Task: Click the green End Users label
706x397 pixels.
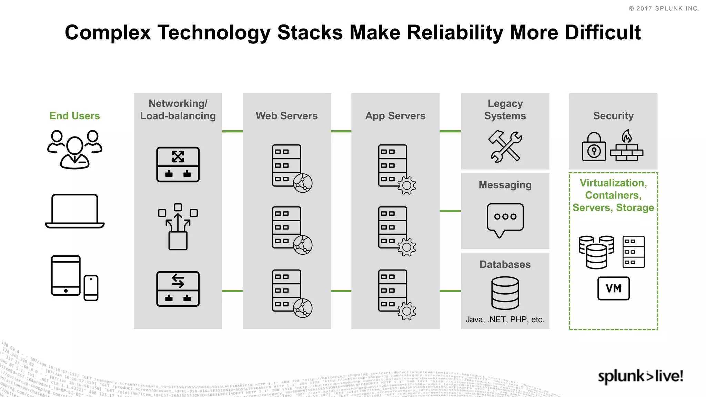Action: point(74,116)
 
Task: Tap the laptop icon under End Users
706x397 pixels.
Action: point(74,211)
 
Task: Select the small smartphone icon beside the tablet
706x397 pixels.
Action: point(91,288)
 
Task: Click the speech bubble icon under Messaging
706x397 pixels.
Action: point(505,219)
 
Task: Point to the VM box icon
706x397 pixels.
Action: point(613,288)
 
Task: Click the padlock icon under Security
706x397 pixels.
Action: point(594,147)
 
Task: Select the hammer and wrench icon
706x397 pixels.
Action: point(505,146)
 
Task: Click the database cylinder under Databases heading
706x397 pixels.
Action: point(505,293)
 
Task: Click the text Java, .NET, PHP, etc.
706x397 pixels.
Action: point(505,319)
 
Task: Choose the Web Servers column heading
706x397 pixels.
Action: point(286,116)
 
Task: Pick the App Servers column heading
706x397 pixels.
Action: point(395,116)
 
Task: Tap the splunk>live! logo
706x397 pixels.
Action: point(640,376)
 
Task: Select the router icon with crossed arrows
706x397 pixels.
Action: point(178,164)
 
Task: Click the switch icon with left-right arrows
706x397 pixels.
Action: point(178,289)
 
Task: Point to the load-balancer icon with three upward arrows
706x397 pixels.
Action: point(178,226)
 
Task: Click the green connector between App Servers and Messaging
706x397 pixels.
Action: point(450,211)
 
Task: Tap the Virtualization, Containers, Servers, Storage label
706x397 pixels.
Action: point(613,195)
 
